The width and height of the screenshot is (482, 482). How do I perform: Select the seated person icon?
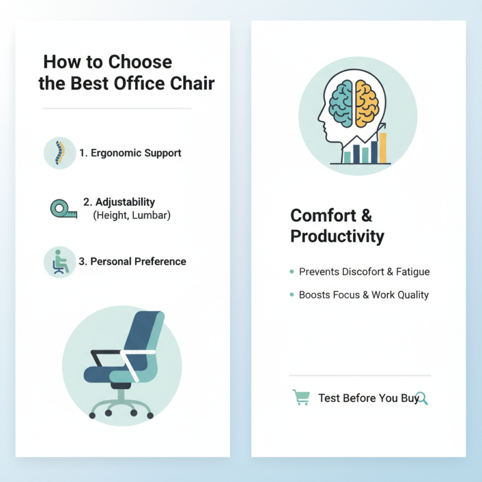click(59, 262)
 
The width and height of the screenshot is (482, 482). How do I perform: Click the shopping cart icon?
click(301, 398)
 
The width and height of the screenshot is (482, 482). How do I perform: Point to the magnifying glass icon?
click(422, 398)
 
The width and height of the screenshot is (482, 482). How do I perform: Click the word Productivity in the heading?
click(337, 236)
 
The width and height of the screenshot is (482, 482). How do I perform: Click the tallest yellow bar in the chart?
click(383, 148)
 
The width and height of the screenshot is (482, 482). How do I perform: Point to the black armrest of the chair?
click(106, 352)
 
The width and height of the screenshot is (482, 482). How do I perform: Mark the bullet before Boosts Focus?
click(292, 295)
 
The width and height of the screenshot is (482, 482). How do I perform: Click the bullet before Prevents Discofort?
click(292, 272)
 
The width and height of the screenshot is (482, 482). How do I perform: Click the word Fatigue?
click(413, 272)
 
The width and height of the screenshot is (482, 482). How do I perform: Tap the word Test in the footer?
click(329, 398)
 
